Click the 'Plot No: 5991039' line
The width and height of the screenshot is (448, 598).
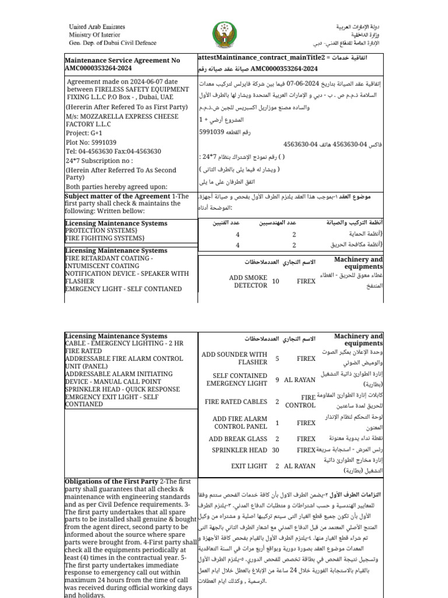pyautogui.click(x=92, y=142)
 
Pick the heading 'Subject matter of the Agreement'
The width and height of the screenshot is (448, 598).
pyautogui.click(x=117, y=196)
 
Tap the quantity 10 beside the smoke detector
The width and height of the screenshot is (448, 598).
pyautogui.click(x=276, y=281)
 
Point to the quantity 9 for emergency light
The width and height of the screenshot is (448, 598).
pyautogui.click(x=277, y=380)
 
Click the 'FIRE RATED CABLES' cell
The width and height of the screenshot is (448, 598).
pyautogui.click(x=236, y=402)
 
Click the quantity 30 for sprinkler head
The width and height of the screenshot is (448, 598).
pyautogui.click(x=276, y=450)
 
